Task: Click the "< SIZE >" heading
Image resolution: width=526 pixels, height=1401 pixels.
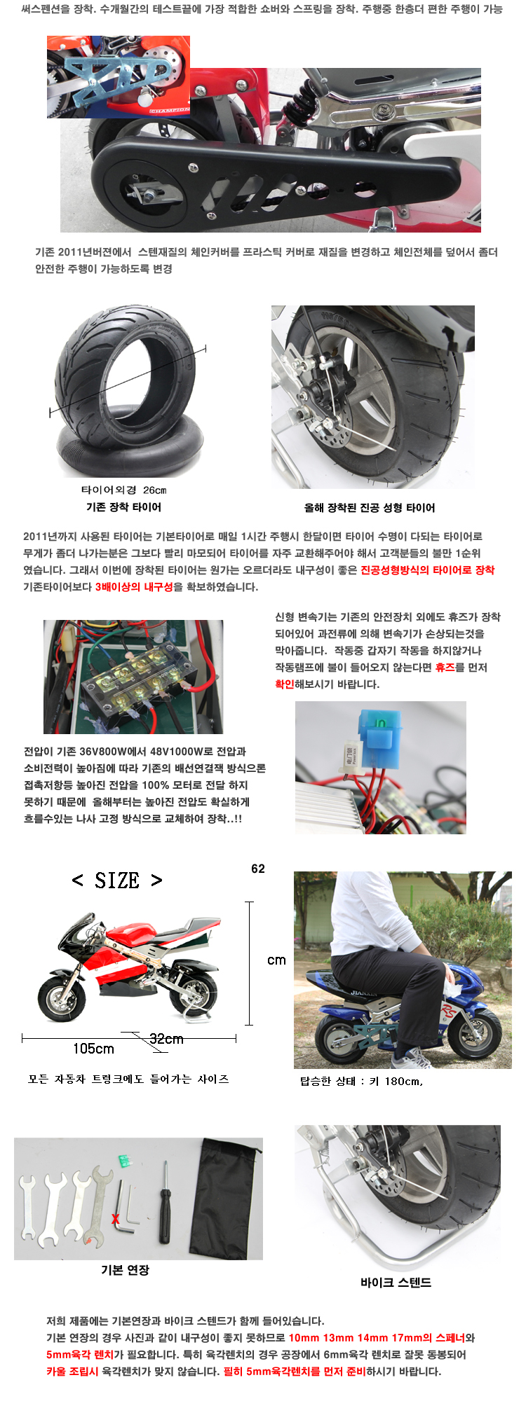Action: [x=117, y=881]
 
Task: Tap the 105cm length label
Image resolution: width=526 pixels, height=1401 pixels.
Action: [x=93, y=1049]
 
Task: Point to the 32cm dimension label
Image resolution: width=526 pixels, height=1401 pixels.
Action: [x=167, y=1039]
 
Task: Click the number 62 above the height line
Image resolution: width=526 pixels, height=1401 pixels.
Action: [x=258, y=869]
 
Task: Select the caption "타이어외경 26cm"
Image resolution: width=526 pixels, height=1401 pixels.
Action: [x=124, y=490]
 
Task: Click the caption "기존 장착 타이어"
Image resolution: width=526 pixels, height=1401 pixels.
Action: [x=124, y=507]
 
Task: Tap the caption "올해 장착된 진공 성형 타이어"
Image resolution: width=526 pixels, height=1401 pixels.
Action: [x=370, y=508]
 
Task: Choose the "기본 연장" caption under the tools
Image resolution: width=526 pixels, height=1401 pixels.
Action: [x=125, y=1270]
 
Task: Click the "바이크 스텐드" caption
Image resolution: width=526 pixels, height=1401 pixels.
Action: [x=396, y=1283]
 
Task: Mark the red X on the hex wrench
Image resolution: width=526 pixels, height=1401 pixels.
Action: [x=116, y=1220]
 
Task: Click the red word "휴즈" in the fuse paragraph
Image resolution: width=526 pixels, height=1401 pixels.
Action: [x=445, y=668]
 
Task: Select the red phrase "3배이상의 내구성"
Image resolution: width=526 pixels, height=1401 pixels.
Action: [x=134, y=587]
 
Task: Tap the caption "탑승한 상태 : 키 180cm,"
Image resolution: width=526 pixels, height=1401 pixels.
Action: [x=362, y=1081]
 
